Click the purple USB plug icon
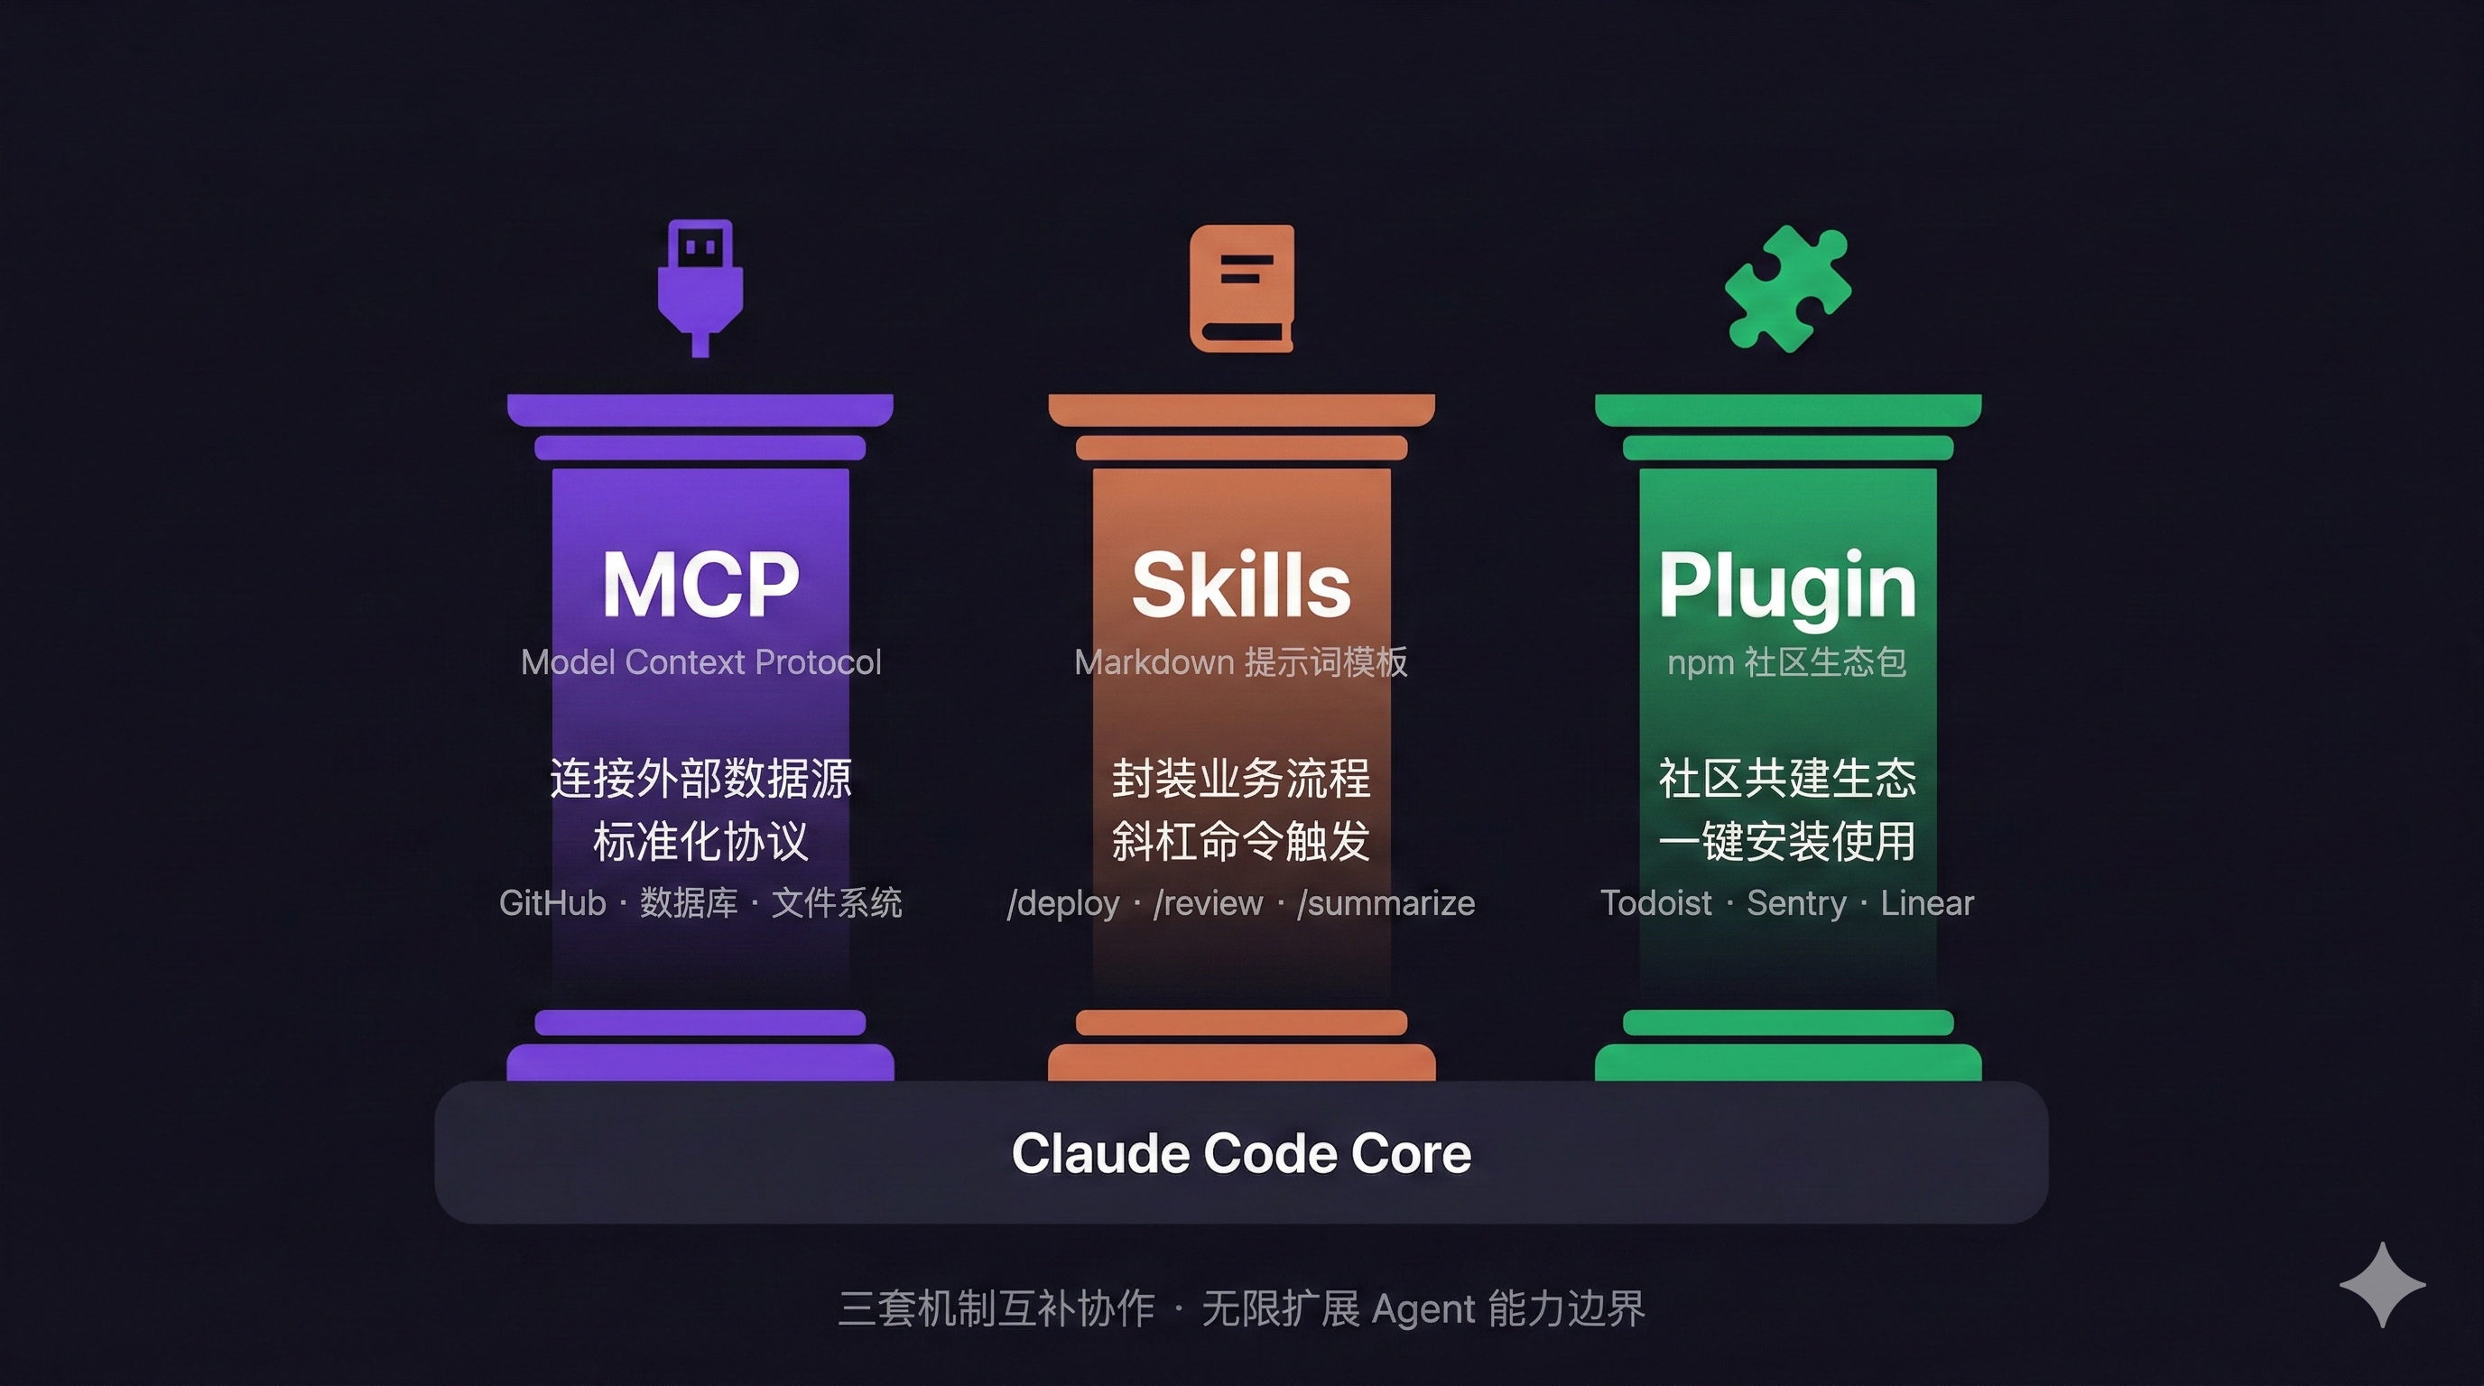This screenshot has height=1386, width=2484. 700,288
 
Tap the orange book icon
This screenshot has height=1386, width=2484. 1242,288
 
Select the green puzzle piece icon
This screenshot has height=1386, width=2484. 1788,288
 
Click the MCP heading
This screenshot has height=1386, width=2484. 701,584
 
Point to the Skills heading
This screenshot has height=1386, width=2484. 1242,584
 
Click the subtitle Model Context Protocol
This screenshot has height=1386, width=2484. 701,662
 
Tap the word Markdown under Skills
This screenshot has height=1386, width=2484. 1154,662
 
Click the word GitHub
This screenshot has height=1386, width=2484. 552,903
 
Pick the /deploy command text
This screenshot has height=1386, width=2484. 1063,904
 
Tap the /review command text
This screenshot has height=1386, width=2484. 1209,904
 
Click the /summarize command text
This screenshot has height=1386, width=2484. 1386,904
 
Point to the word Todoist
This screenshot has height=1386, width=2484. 1655,903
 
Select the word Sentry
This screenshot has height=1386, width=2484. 1796,904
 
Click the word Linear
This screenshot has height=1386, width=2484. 1927,903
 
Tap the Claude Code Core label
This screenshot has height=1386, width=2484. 1242,1154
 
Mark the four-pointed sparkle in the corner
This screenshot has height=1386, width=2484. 2383,1285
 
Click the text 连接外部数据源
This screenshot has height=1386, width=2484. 701,779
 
